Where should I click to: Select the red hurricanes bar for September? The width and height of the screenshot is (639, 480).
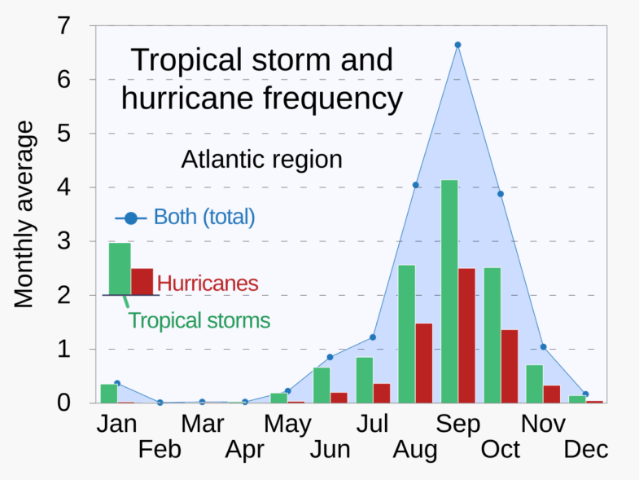[466, 336]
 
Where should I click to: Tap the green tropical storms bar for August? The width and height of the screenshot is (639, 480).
[406, 333]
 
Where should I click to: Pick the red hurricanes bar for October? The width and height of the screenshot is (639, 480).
[510, 366]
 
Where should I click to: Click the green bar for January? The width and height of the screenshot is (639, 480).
[108, 393]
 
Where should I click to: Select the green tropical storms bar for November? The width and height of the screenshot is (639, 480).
[534, 384]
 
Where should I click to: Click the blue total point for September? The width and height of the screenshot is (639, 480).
[457, 45]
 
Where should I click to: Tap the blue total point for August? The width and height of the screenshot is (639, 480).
[415, 185]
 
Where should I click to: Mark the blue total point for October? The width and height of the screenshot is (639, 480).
[501, 194]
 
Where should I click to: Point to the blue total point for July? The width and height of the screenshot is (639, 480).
[373, 337]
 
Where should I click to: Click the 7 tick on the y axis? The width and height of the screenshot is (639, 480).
[64, 27]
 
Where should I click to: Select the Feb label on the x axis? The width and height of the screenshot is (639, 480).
[159, 449]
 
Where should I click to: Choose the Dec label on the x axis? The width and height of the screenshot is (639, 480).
[585, 449]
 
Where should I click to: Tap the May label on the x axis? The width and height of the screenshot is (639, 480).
[287, 424]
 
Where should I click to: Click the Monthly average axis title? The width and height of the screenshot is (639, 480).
[25, 215]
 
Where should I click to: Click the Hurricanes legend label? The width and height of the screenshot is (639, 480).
[208, 284]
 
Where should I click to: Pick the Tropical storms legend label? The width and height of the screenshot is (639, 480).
[199, 320]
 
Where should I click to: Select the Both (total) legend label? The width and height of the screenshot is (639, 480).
[204, 218]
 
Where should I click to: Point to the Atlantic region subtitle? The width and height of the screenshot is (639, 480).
[261, 159]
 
